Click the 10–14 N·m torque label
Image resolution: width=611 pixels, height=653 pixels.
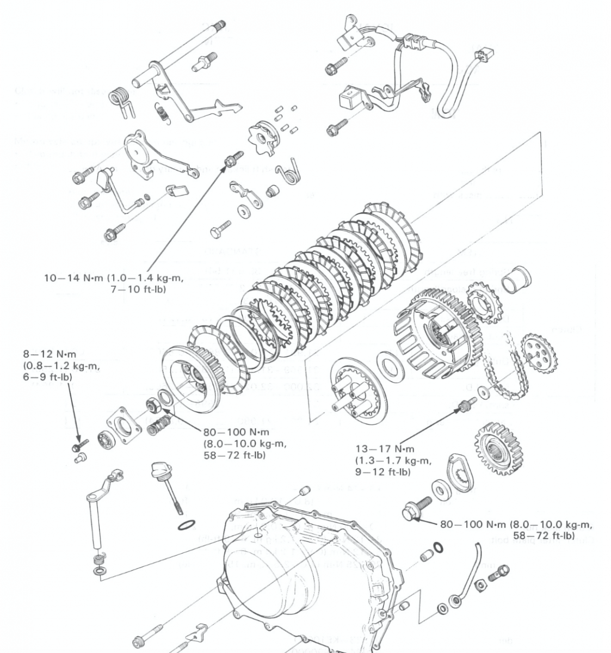(113, 284)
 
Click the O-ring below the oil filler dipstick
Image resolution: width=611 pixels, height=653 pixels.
(186, 526)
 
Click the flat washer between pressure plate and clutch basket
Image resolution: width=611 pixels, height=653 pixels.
(390, 363)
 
